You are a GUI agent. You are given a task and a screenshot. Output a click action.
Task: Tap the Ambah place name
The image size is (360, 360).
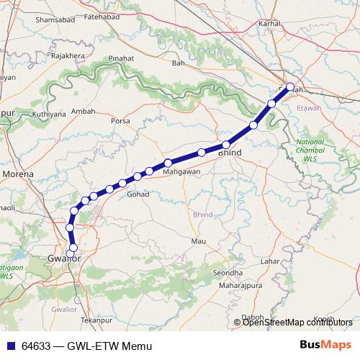(x=83, y=112)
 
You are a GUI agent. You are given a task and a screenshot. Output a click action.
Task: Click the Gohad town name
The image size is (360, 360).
(x=138, y=194)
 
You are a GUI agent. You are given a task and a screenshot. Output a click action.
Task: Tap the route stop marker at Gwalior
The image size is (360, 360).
(x=73, y=248)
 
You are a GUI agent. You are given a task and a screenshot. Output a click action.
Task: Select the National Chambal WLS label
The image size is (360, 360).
(x=310, y=149)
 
